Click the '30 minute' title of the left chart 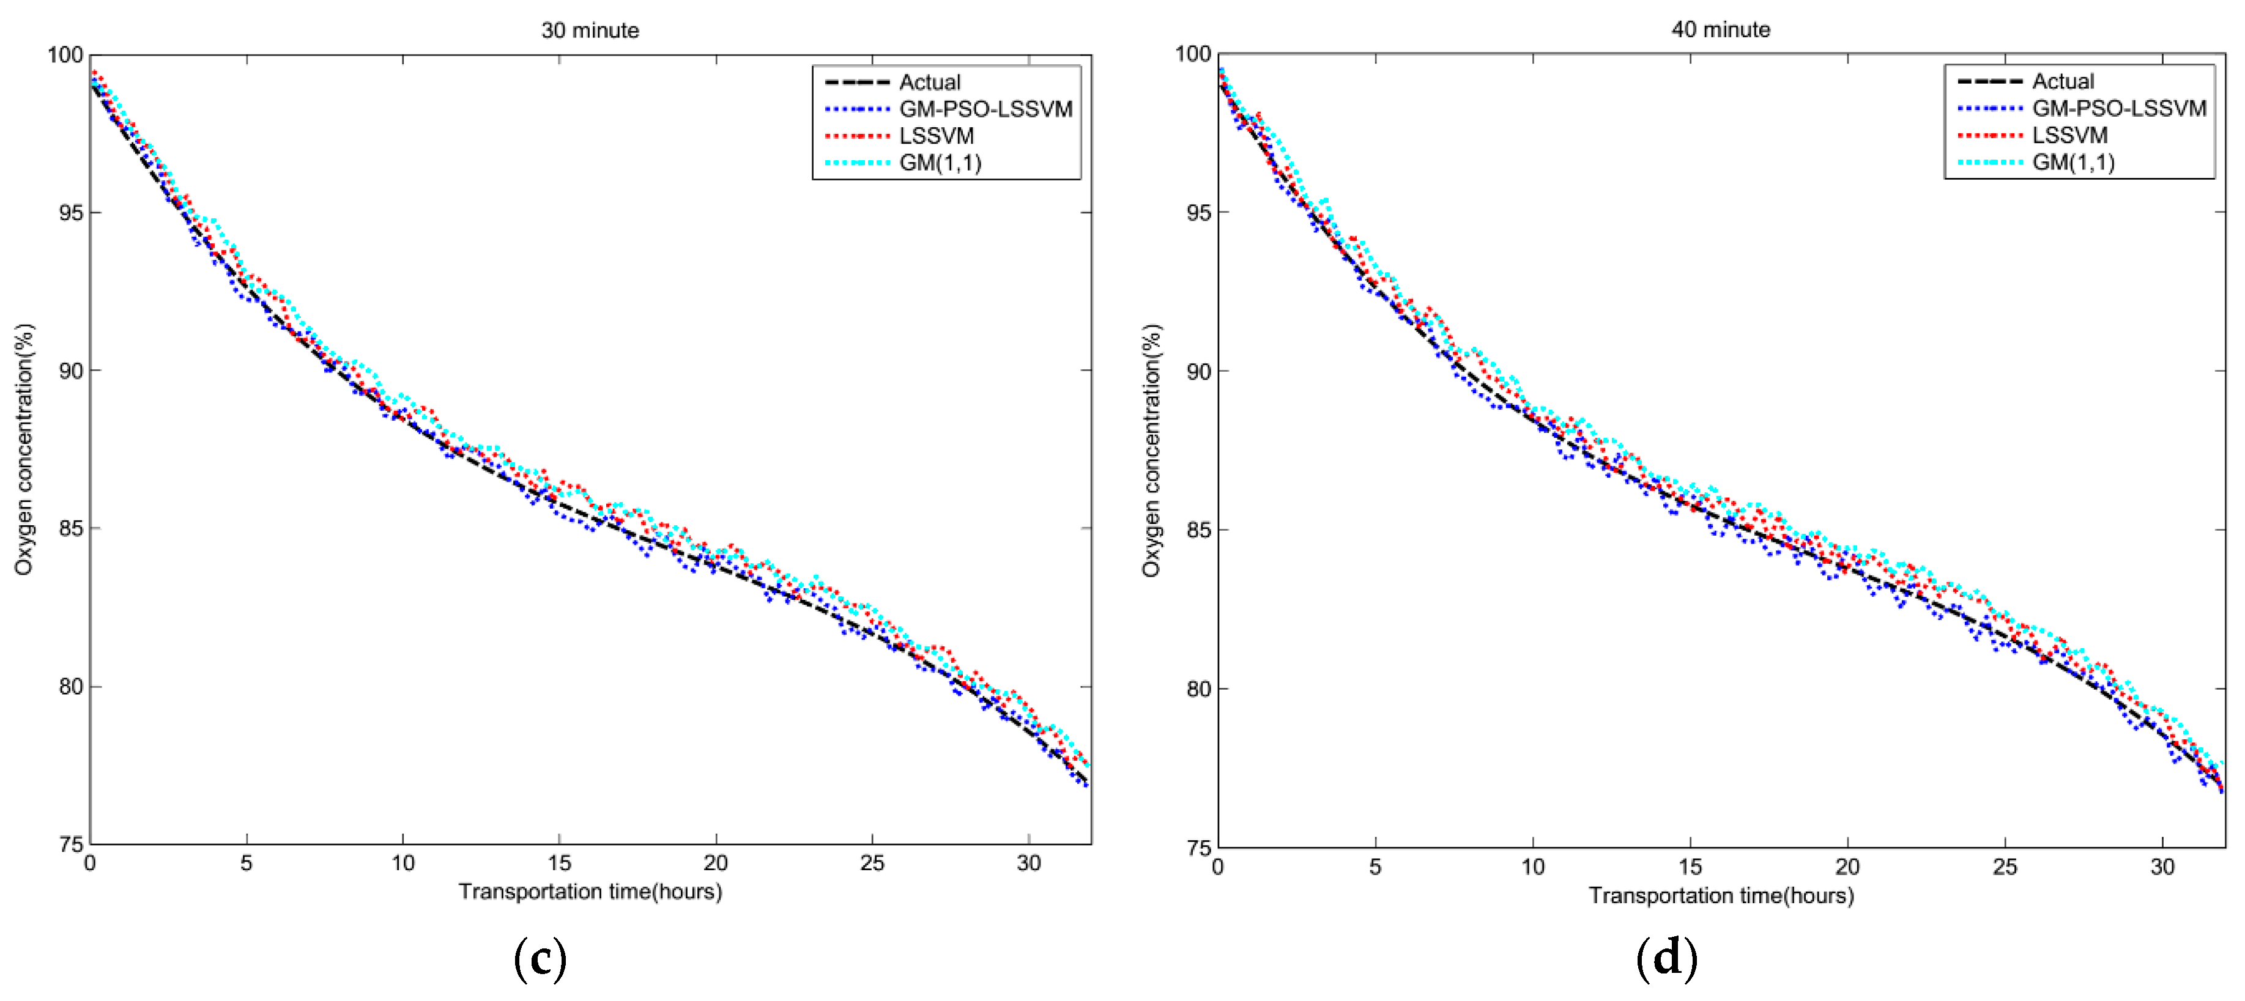[x=590, y=31]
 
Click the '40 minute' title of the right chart [x=1720, y=29]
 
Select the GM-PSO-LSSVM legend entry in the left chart [x=985, y=109]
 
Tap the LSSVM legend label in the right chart [x=2070, y=135]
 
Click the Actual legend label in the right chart [x=2063, y=81]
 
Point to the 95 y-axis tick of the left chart [x=70, y=213]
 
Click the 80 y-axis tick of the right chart [x=1198, y=689]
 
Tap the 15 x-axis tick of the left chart [x=558, y=863]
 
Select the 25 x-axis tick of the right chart [x=2005, y=867]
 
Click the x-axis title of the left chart [x=590, y=891]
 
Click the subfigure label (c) [x=540, y=958]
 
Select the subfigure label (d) [x=1666, y=958]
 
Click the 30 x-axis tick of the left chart [x=1028, y=863]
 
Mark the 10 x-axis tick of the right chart [x=1533, y=867]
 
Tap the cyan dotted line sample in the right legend [x=1990, y=162]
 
